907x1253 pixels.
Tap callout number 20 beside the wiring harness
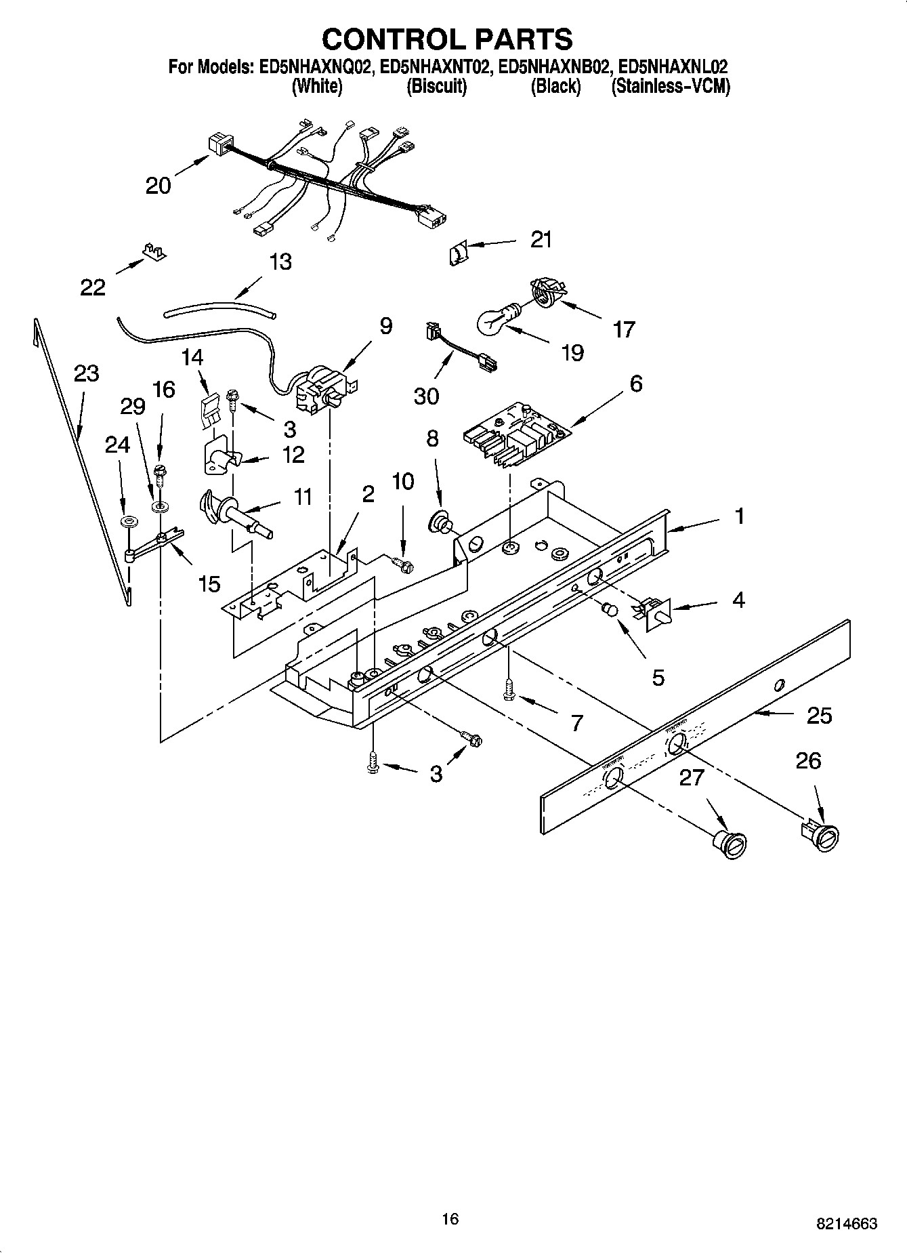point(159,185)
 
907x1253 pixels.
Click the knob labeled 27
point(730,843)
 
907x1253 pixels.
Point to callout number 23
point(87,374)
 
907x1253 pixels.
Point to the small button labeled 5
point(610,610)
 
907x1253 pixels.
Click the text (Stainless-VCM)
point(670,87)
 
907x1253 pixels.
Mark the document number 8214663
point(847,1224)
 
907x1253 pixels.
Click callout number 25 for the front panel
point(819,716)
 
